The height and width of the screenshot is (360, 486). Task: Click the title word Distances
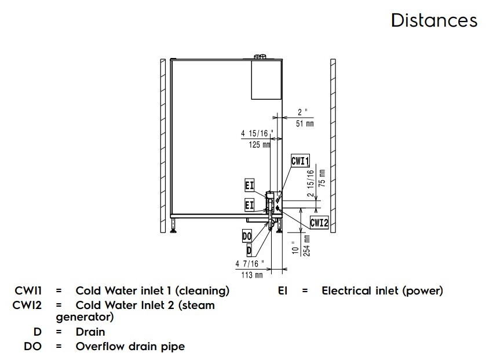pos(434,20)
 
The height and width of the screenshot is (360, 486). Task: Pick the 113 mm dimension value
pos(251,275)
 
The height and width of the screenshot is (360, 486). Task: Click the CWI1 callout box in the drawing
pos(301,161)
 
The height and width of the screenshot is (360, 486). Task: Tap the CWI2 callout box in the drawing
pos(319,222)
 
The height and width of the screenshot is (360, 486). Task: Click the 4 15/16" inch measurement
pos(257,133)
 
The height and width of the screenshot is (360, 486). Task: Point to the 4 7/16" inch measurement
pos(250,264)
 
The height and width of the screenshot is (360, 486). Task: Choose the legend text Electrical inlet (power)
pos(382,291)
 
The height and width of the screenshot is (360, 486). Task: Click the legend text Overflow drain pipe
pos(130,347)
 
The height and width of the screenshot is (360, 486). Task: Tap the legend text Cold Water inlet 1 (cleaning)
pos(152,291)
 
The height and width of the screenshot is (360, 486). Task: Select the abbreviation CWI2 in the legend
pos(27,305)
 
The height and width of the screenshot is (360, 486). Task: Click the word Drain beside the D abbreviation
pos(90,332)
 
